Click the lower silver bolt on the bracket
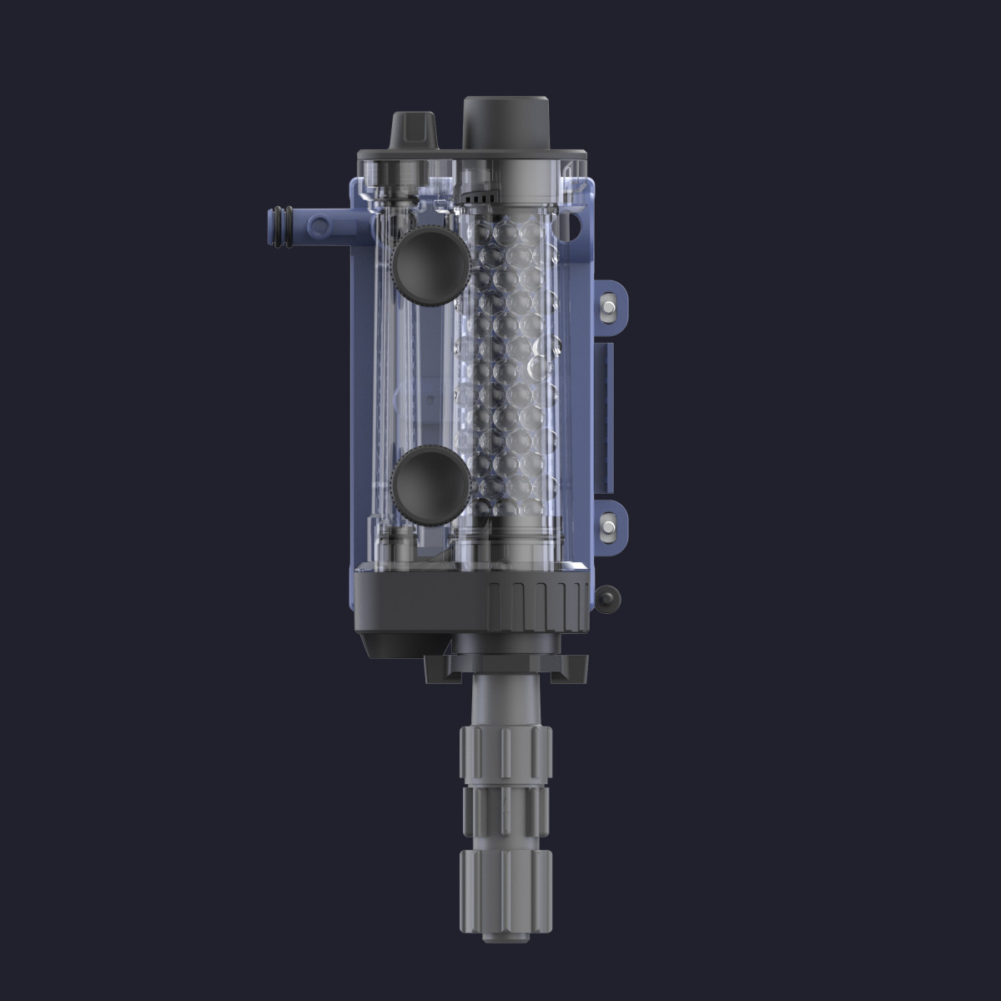click(608, 526)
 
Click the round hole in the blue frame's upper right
click(574, 224)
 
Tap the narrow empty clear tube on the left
click(387, 375)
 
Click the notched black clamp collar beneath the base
click(505, 666)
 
